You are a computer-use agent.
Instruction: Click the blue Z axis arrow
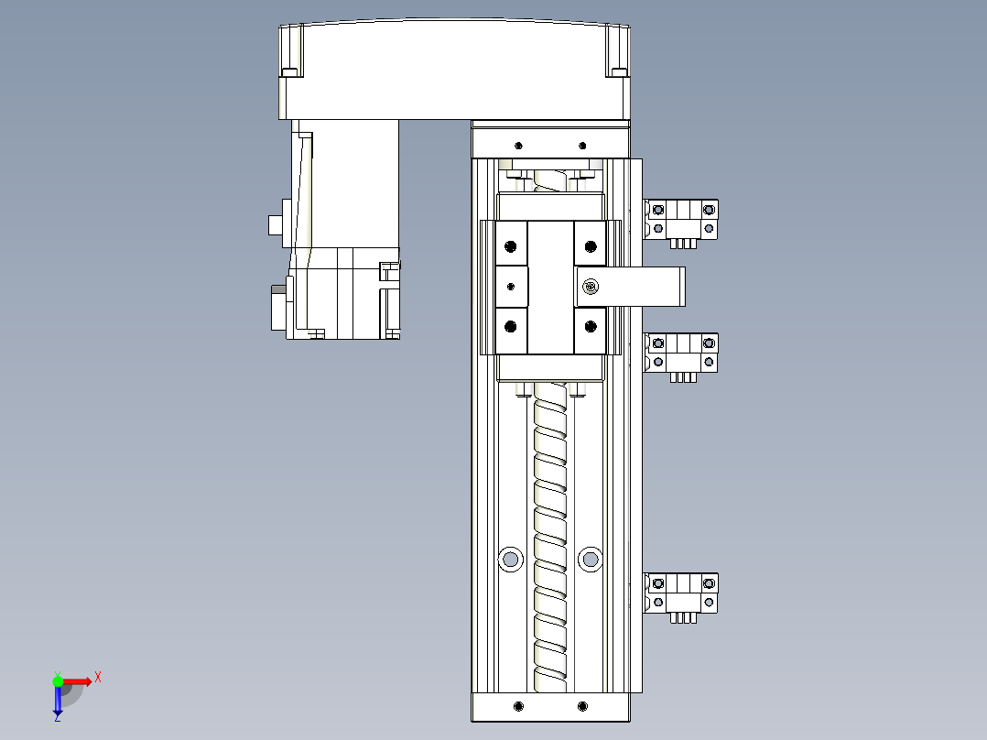click(x=58, y=702)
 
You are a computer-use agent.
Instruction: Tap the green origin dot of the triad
click(x=59, y=680)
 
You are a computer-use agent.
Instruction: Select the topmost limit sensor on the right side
click(x=681, y=220)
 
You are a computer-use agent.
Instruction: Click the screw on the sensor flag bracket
click(x=591, y=288)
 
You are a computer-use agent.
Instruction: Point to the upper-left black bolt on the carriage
click(x=511, y=245)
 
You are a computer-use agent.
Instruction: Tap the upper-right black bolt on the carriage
click(x=591, y=245)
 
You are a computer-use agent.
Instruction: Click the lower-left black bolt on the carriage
click(x=511, y=326)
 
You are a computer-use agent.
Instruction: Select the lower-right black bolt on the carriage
click(x=591, y=326)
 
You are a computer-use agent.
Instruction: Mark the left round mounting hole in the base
click(x=510, y=557)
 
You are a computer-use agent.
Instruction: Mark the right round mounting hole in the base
click(x=591, y=557)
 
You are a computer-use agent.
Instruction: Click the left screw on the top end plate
click(x=518, y=146)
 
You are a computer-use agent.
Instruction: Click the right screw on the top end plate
click(x=582, y=146)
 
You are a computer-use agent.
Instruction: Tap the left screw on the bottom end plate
click(x=519, y=706)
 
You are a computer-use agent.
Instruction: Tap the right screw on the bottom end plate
click(x=583, y=706)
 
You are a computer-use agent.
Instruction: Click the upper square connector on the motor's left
click(x=274, y=224)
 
